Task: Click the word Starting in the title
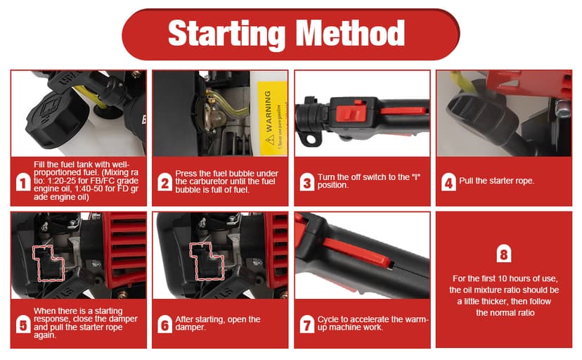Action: point(227,34)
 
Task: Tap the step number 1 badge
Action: point(23,182)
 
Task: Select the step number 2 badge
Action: point(164,182)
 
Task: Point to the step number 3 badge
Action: point(307,182)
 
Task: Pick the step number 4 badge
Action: point(448,182)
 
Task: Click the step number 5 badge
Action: point(23,324)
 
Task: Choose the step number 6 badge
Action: point(164,324)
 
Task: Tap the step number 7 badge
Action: point(307,324)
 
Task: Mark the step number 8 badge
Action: point(504,255)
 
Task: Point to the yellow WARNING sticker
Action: point(272,118)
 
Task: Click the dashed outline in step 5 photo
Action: point(48,263)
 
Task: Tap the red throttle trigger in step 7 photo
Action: point(357,252)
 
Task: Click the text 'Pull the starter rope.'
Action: point(497,181)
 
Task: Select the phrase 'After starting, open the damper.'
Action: point(218,323)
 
